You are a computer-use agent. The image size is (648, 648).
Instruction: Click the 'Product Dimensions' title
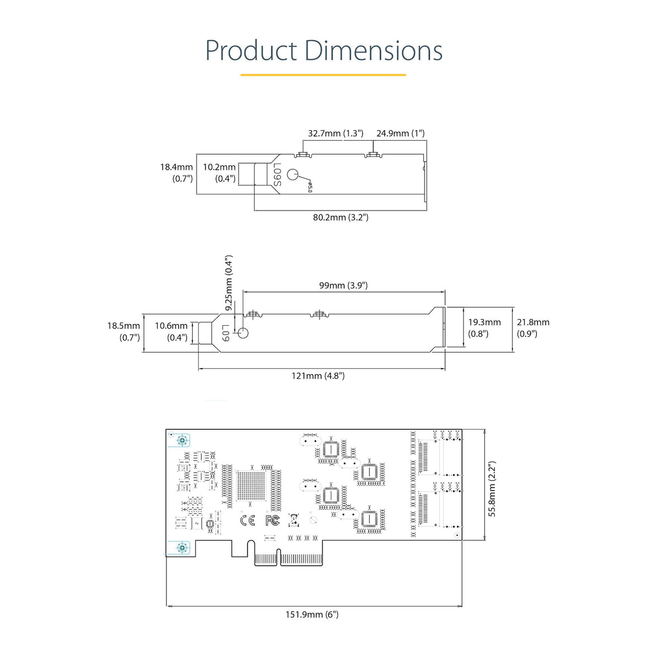click(323, 51)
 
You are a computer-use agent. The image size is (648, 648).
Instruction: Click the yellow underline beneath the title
click(323, 74)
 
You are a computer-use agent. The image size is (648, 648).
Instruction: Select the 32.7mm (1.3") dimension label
click(335, 134)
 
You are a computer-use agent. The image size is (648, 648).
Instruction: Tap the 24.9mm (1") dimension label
click(400, 134)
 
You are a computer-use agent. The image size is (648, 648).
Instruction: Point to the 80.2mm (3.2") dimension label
click(340, 217)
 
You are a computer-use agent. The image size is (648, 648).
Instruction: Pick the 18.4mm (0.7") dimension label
click(177, 173)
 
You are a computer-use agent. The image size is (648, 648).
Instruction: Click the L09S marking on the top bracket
click(277, 174)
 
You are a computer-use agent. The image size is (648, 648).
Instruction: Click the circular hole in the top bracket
click(294, 174)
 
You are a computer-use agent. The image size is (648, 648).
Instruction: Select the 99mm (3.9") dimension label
click(343, 285)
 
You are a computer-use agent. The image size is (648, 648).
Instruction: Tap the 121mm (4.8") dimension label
click(318, 376)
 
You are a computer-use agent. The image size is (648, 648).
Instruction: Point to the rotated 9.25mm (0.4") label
click(228, 283)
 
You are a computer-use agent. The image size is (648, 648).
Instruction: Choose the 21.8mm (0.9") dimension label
click(532, 328)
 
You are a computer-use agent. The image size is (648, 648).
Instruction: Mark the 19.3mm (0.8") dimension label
click(484, 328)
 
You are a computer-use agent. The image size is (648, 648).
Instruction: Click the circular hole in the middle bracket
click(243, 333)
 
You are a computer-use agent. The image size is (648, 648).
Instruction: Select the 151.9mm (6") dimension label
click(312, 615)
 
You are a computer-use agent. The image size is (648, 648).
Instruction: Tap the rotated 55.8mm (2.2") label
click(492, 489)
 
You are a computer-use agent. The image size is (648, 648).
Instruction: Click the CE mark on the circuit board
click(247, 521)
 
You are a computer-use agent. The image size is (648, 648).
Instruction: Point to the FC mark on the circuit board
click(272, 521)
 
